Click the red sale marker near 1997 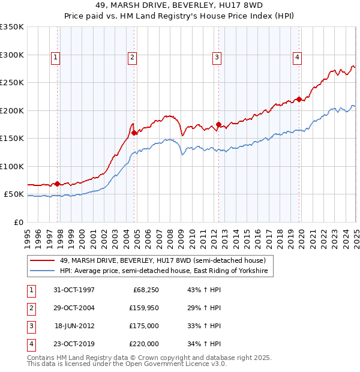58,184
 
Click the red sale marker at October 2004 134,133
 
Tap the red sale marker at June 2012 218,125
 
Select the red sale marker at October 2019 299,100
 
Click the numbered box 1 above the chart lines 55,58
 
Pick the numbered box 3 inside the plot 217,58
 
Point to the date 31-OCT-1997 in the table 74,289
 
